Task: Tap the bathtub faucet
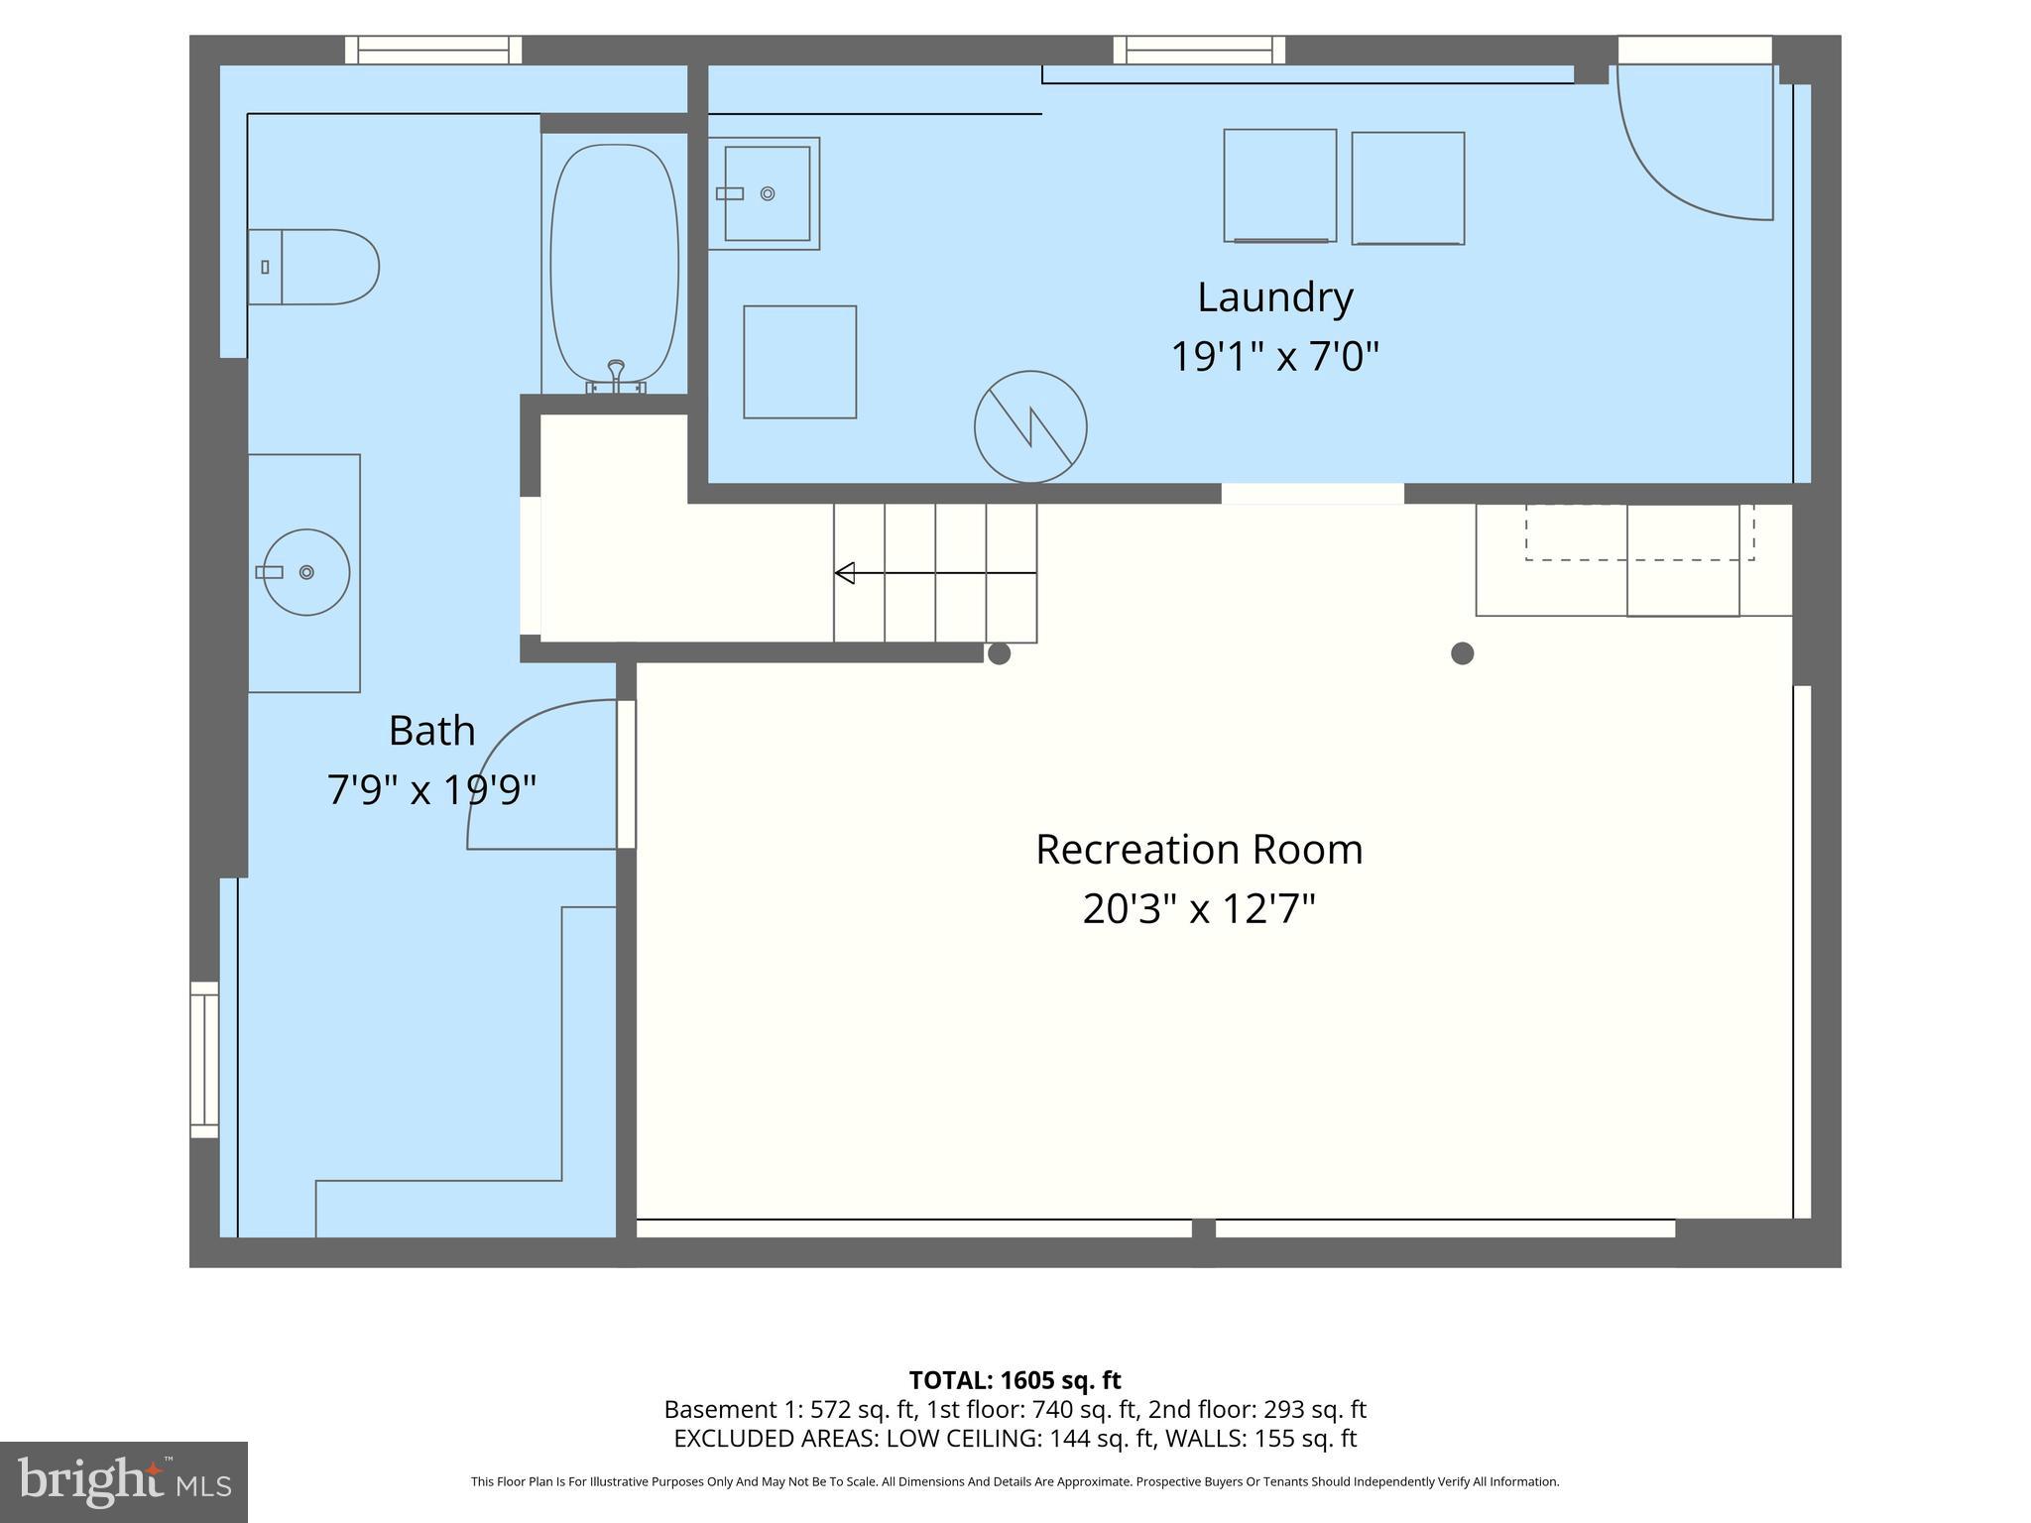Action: point(616,375)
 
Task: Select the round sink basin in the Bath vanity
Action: point(306,572)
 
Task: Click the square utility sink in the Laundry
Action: point(766,193)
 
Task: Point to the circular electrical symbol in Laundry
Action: point(1030,427)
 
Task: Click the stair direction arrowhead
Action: point(845,573)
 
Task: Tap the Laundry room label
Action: point(1274,297)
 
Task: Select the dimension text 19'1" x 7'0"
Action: point(1274,356)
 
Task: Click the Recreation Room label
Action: point(1198,850)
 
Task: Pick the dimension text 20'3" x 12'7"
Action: point(1198,908)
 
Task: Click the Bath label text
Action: point(431,731)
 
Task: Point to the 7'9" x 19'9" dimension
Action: point(431,790)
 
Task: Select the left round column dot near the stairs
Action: point(999,653)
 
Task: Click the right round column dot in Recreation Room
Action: point(1462,653)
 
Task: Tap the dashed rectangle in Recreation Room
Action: point(1638,532)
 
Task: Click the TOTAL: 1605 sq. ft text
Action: point(1015,1380)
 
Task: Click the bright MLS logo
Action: point(123,1481)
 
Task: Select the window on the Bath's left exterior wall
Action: point(204,1059)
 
